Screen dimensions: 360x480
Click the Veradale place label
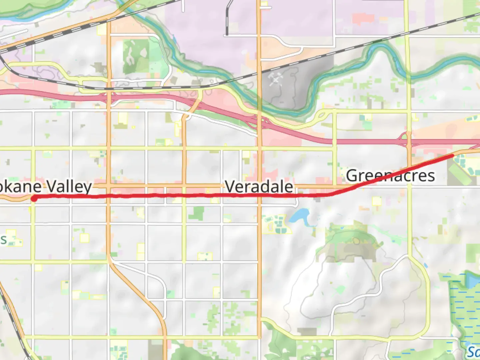pos(259,186)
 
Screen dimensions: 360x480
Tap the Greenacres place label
pos(390,176)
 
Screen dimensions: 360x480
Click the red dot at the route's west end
pos(34,199)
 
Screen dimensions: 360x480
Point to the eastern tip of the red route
pos(452,155)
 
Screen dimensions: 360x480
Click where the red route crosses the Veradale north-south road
pos(259,196)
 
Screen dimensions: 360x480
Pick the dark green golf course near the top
pos(135,56)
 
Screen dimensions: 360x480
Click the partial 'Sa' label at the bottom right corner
pos(473,352)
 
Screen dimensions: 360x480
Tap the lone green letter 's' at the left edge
pos(3,239)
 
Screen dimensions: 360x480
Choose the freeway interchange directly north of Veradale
pos(260,122)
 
